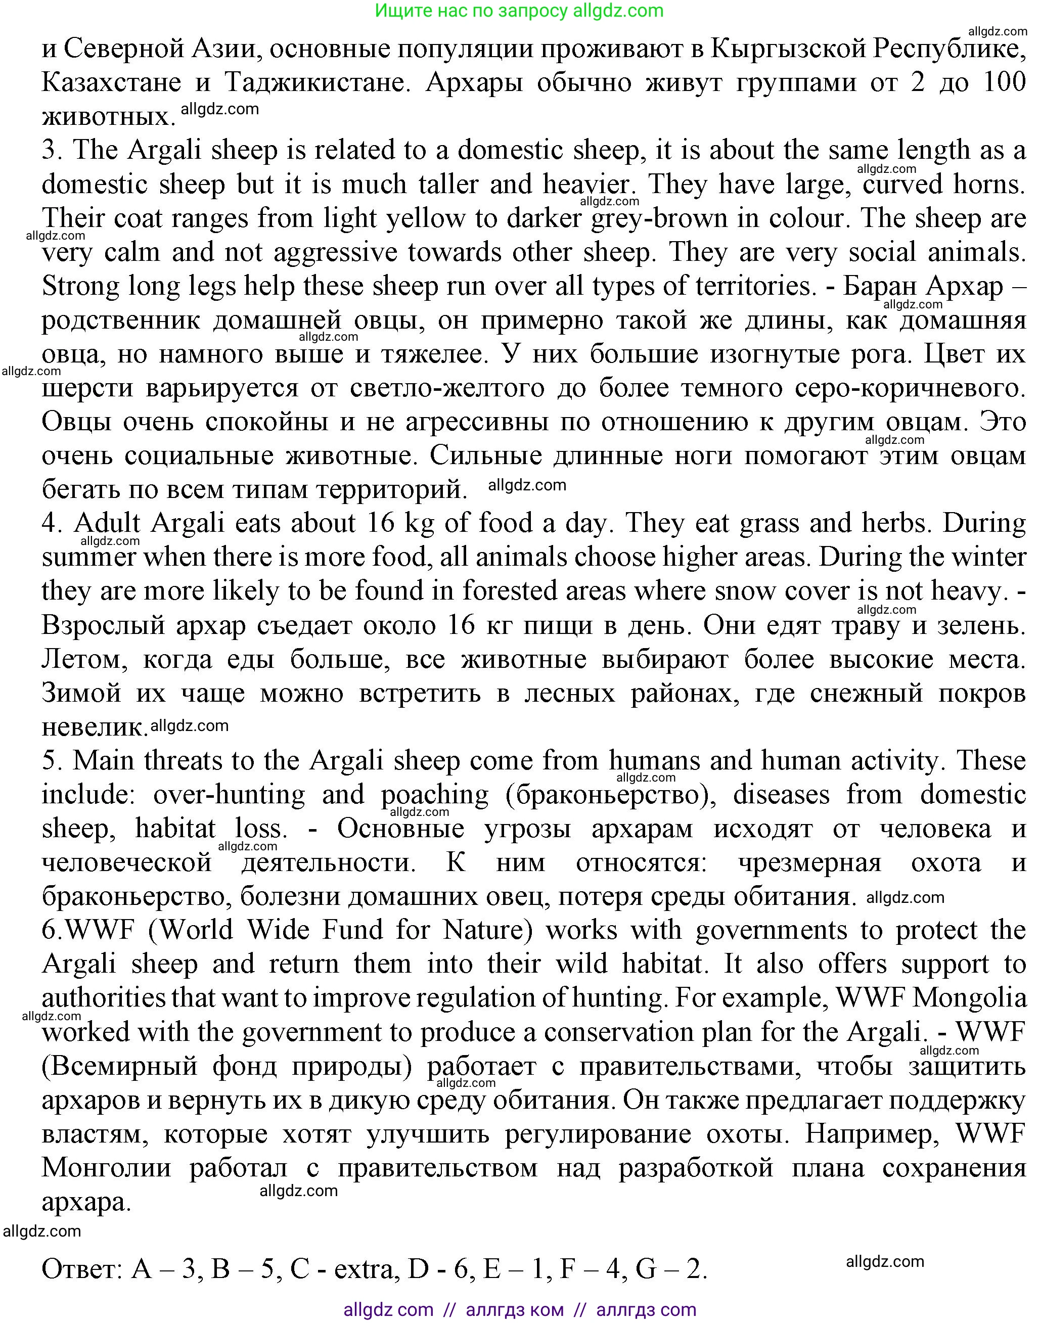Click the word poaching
[435, 795]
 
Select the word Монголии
[107, 1168]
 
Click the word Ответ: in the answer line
[81, 1269]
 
